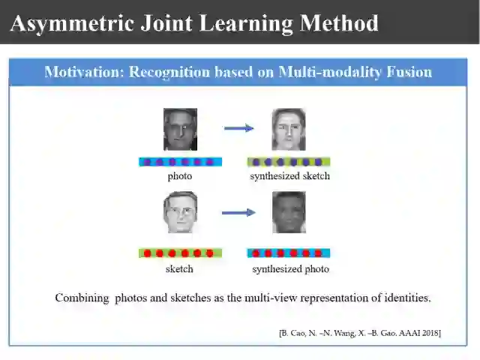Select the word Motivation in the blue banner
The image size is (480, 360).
(82, 72)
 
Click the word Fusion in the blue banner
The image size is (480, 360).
(408, 72)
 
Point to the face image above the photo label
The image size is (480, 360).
(180, 129)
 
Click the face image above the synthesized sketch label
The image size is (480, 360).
(289, 129)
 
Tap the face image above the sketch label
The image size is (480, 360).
(180, 212)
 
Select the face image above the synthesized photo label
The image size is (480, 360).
(289, 212)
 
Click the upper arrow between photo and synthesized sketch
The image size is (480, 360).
(238, 128)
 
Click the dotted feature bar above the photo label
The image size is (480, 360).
(180, 161)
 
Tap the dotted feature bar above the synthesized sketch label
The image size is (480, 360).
(289, 161)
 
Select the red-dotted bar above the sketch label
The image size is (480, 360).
(180, 253)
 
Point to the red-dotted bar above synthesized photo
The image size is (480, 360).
(289, 253)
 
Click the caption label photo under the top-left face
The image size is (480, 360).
(180, 176)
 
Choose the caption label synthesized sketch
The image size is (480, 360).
(290, 176)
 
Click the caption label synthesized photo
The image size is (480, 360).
(290, 268)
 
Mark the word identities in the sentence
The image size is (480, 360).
(407, 298)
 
